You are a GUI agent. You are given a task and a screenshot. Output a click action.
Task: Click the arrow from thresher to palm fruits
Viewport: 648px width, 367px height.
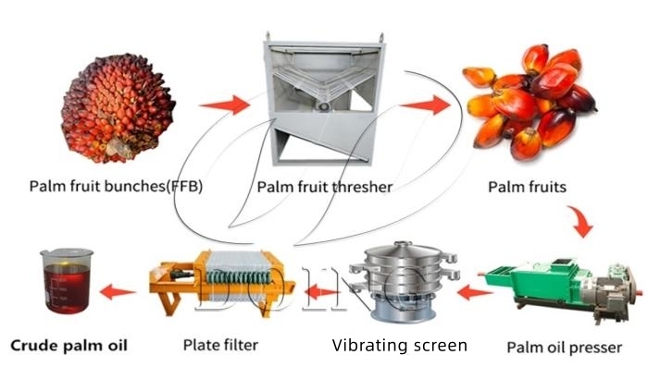(426, 104)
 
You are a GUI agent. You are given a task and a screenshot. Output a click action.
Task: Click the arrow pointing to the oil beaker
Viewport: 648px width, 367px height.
(118, 293)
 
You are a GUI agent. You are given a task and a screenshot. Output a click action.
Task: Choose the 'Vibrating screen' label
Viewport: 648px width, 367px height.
(400, 346)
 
